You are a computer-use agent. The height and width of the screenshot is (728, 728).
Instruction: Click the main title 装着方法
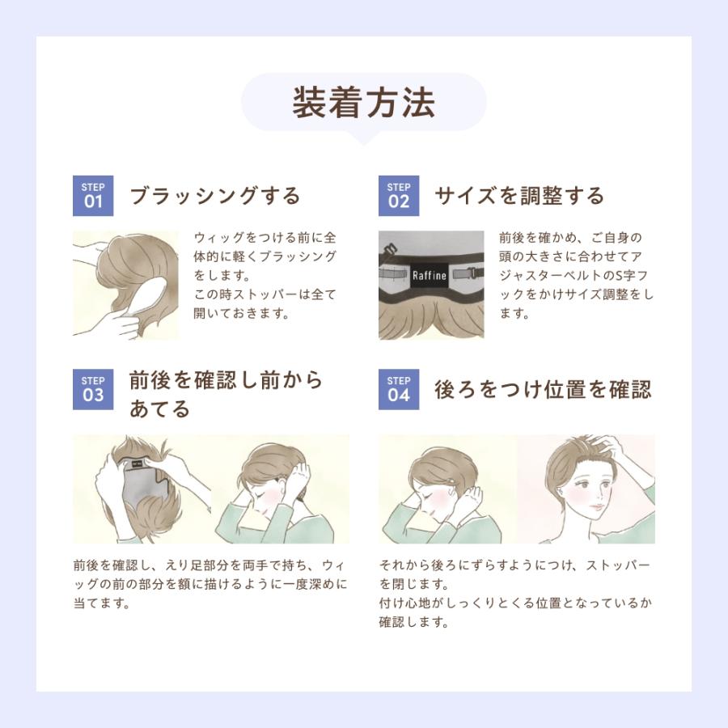(363, 102)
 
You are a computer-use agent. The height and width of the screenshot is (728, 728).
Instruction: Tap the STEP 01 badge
(93, 196)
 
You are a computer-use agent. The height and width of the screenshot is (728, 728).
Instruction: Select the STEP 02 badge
(398, 196)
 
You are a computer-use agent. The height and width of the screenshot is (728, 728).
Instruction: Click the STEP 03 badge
(93, 389)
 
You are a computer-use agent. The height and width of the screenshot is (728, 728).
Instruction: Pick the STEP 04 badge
(398, 389)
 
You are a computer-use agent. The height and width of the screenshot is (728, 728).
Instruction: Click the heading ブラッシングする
(215, 196)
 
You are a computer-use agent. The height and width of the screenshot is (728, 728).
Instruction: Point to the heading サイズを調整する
(520, 196)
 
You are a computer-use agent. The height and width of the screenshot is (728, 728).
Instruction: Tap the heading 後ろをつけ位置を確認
(544, 389)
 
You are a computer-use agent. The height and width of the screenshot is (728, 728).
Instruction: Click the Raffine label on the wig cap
(430, 275)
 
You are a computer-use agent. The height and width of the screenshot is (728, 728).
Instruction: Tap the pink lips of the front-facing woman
(598, 506)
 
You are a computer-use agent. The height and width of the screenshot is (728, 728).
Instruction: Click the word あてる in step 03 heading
(159, 408)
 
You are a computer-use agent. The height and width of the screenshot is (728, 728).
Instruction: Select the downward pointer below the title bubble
(363, 138)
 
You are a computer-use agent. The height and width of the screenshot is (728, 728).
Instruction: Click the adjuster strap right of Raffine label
(467, 273)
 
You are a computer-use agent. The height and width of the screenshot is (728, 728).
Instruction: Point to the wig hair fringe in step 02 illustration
(431, 319)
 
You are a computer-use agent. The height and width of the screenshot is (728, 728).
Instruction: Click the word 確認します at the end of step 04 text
(413, 622)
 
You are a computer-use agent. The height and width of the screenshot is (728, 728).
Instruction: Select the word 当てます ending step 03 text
(101, 603)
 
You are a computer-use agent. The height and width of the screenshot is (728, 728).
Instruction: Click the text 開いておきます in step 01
(242, 313)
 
